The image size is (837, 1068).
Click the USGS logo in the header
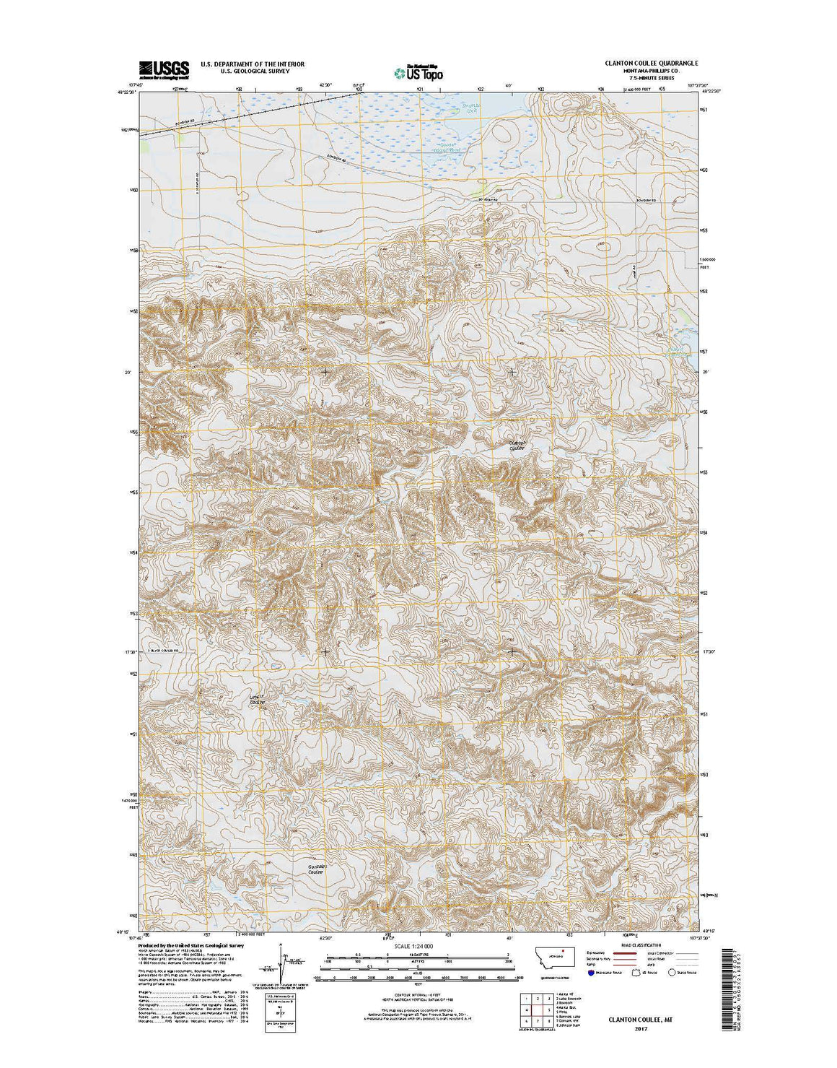pyautogui.click(x=164, y=69)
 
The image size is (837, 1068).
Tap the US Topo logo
pyautogui.click(x=418, y=71)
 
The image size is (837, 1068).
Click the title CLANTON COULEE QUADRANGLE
pyautogui.click(x=651, y=64)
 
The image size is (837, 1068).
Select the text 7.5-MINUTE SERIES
pyautogui.click(x=651, y=77)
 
